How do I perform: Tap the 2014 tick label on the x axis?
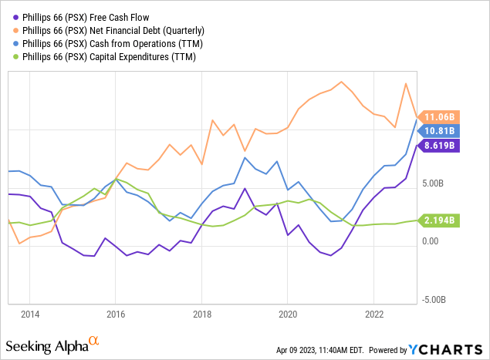point(29,315)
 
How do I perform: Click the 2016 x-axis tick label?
point(115,315)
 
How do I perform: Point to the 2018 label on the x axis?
point(201,315)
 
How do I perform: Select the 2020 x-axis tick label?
point(288,315)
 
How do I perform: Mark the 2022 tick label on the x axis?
point(373,315)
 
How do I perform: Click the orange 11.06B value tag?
point(441,116)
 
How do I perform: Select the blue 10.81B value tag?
point(441,130)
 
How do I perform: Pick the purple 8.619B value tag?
point(441,144)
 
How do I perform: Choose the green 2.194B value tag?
point(441,220)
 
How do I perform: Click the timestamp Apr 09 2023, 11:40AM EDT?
point(326,350)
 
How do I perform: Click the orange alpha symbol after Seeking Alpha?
point(93,339)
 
